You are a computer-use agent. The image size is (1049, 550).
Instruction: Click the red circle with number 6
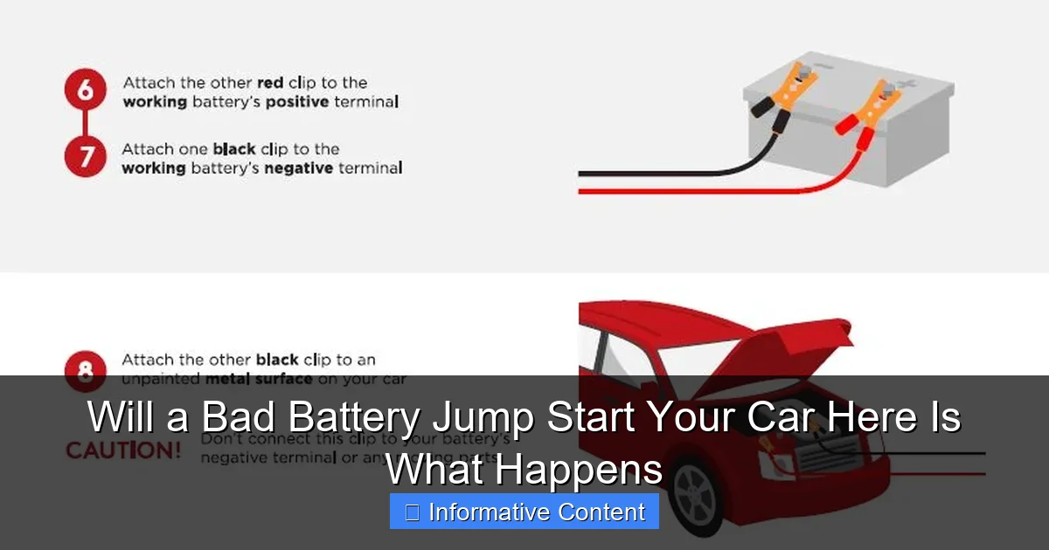86,92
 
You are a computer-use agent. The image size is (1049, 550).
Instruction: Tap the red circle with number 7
86,157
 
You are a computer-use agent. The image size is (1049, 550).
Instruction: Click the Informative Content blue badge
524,512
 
